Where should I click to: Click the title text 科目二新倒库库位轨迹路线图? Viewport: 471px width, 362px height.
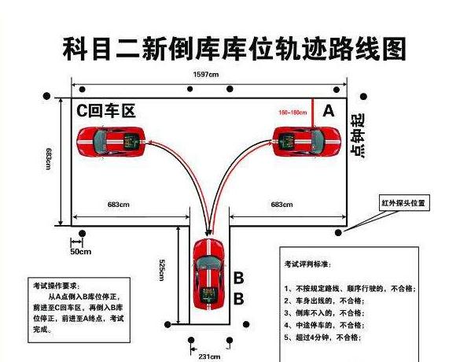(x=234, y=49)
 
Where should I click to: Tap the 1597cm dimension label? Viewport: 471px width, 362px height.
(x=208, y=75)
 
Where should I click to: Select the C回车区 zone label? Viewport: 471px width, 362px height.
(x=105, y=112)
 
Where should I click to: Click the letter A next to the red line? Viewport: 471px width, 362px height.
(x=329, y=112)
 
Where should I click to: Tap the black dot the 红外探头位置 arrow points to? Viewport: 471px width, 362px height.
(x=339, y=233)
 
